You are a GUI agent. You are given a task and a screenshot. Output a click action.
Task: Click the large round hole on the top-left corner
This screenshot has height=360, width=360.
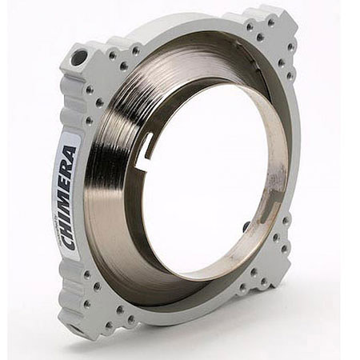[79, 58]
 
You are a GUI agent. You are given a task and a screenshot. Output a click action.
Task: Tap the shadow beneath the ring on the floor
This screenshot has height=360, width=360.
[200, 340]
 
